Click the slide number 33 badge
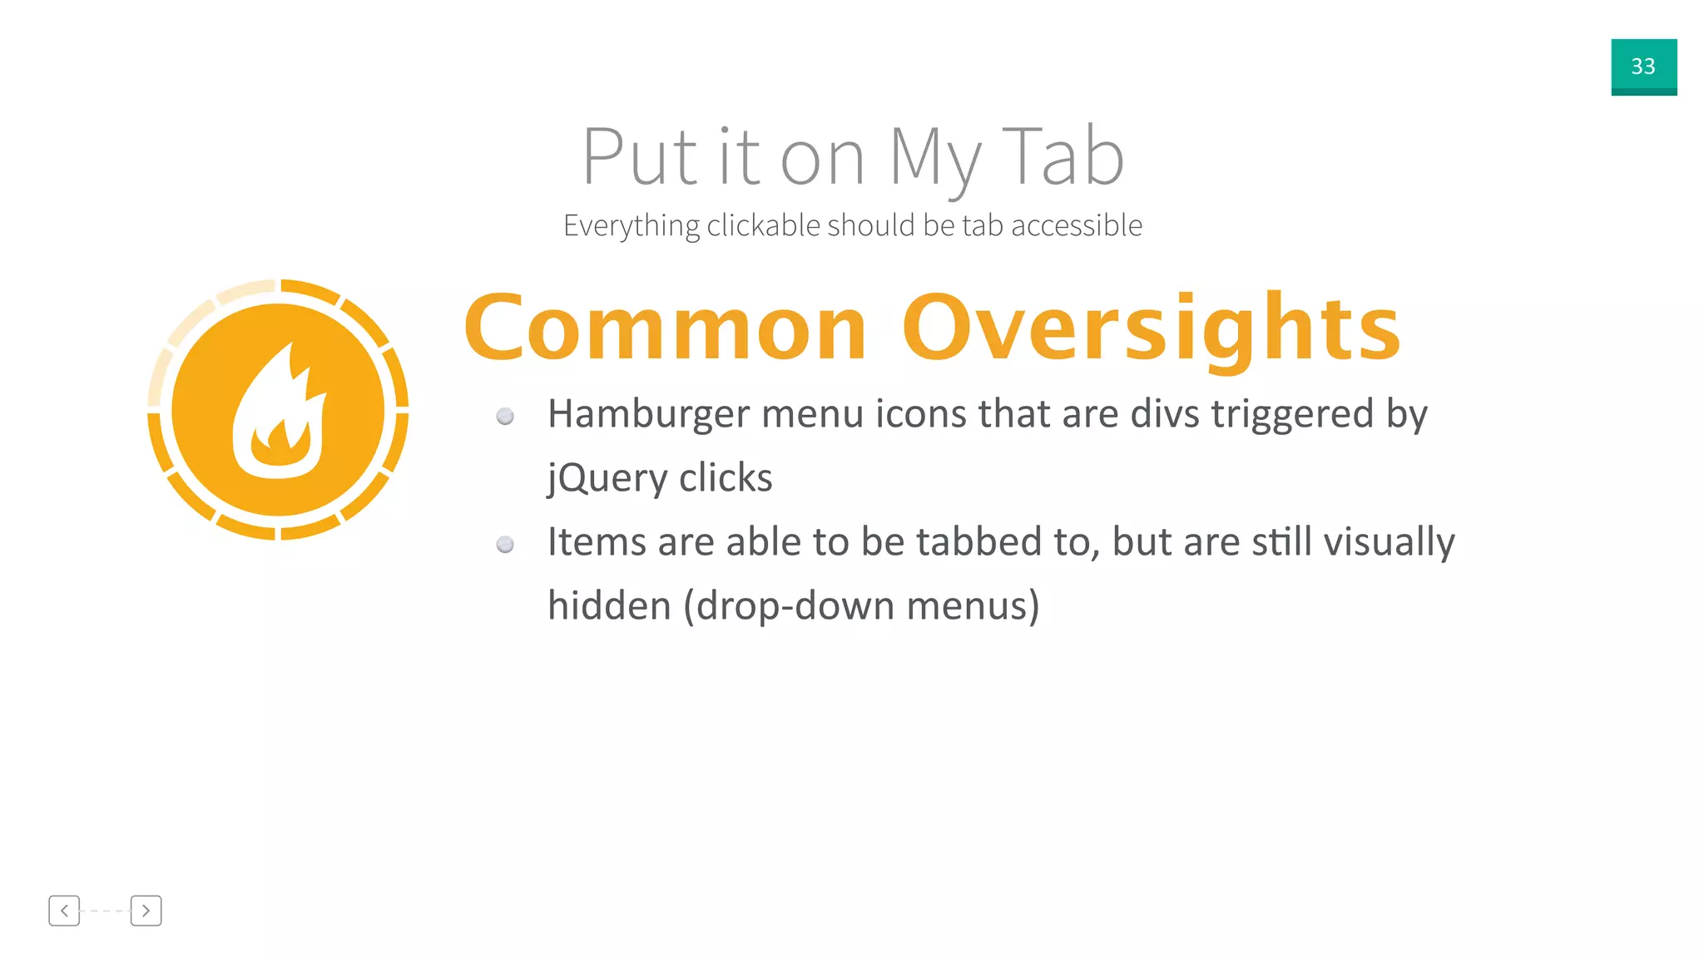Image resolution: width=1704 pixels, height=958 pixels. coord(1643,67)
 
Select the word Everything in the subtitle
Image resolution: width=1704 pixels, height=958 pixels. coord(632,226)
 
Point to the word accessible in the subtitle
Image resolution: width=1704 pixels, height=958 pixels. coord(1077,225)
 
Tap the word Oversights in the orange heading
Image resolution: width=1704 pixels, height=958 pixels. coord(1152,329)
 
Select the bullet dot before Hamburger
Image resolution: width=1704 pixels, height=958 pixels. coord(505,416)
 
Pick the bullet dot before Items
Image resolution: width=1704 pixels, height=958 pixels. coord(505,545)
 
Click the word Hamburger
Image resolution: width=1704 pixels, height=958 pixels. coord(648,414)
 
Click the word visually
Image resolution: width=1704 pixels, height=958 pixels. coord(1389,542)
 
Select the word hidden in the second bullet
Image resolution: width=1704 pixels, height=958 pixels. coord(609,606)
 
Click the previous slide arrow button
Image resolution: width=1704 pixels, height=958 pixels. coord(64,911)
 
